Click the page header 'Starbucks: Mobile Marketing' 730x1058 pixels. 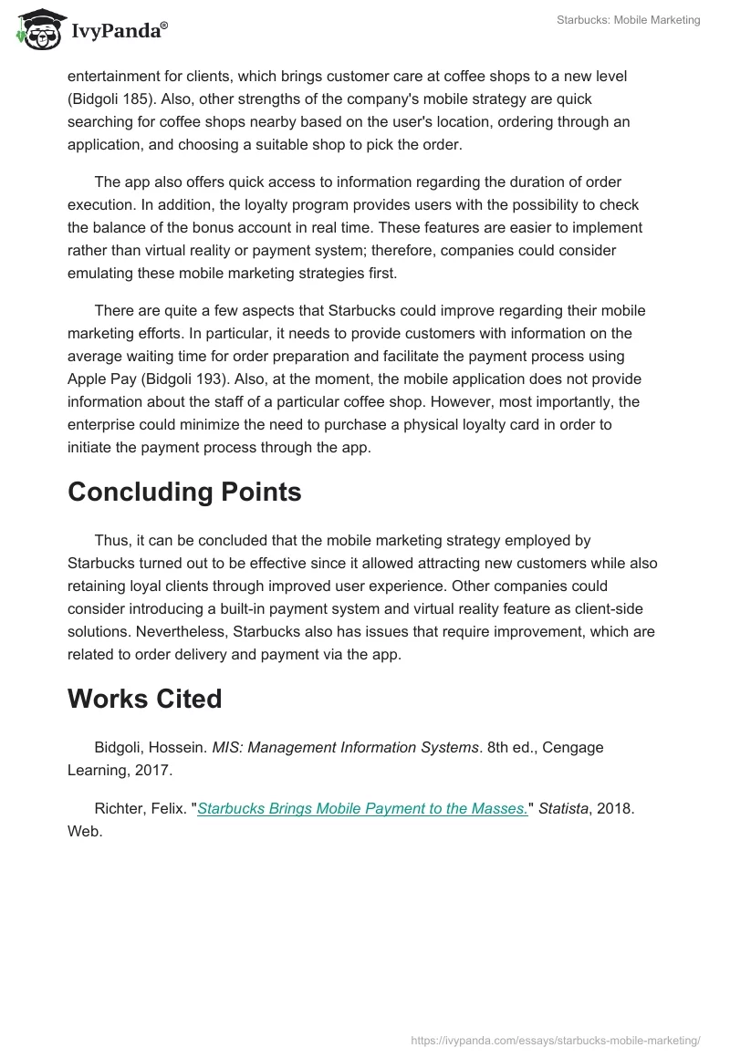628,20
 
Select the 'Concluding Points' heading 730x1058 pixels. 184,492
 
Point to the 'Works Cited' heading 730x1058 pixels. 145,699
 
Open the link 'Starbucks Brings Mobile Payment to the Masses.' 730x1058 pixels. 362,808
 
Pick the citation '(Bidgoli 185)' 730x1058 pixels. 111,99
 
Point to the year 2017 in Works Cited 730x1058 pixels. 153,771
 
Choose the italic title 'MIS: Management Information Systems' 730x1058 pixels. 346,747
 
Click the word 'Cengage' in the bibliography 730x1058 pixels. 573,747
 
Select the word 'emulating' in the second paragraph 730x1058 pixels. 99,273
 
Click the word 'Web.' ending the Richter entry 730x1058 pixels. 84,832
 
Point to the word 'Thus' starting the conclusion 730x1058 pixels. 111,540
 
